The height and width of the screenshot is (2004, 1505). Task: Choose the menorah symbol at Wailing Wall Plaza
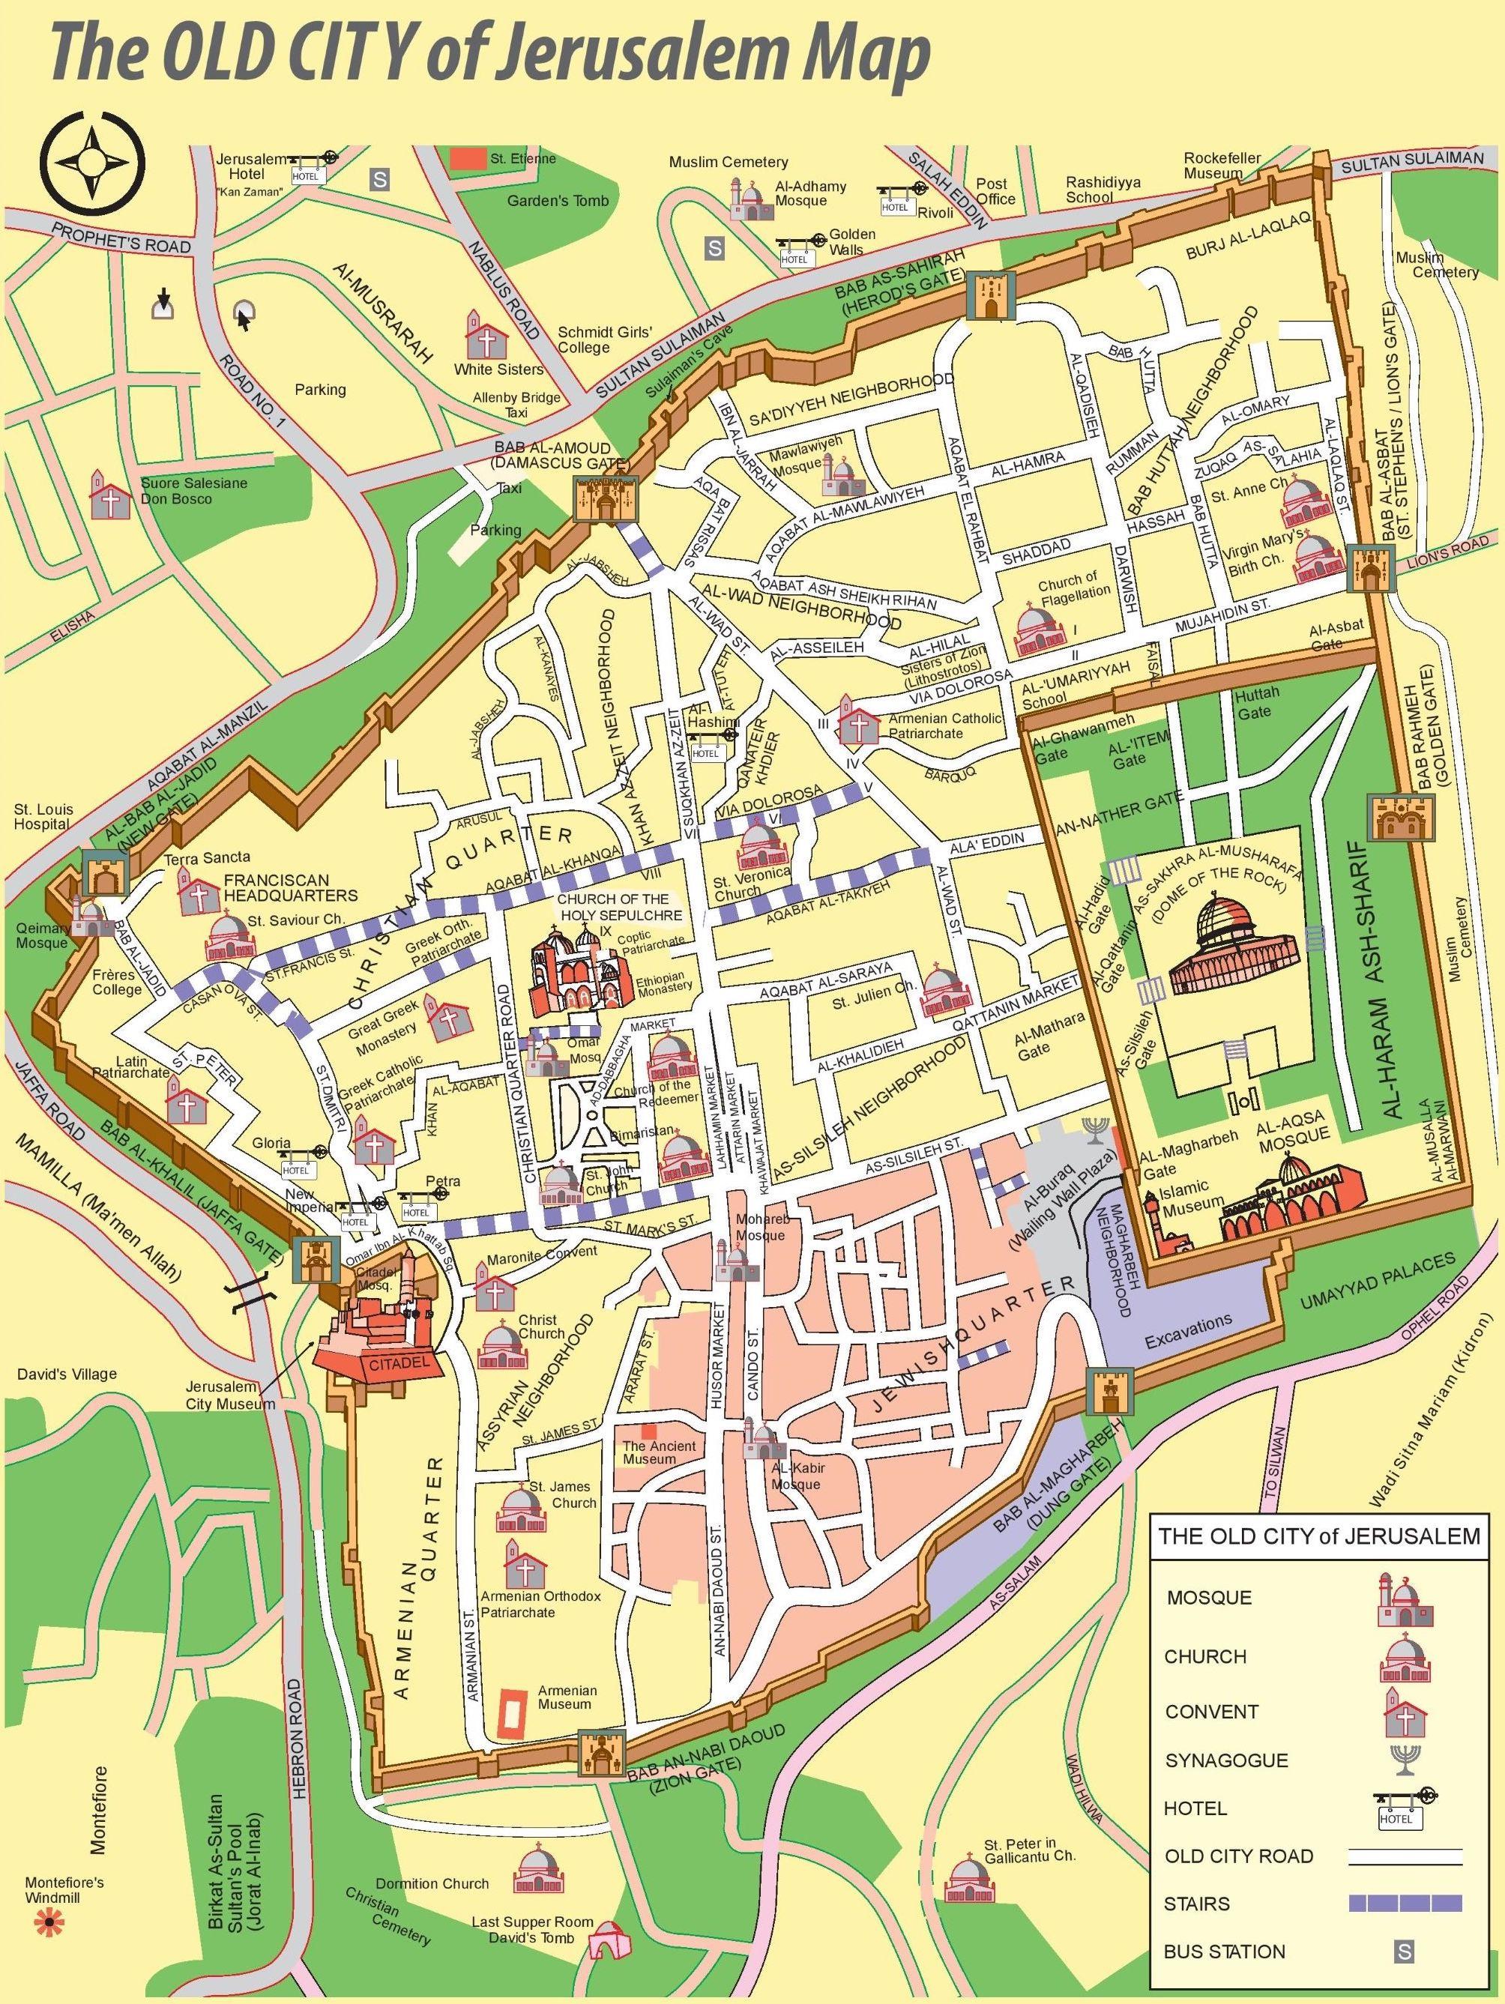pyautogui.click(x=1096, y=1131)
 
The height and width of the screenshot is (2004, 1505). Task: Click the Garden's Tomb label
pyautogui.click(x=557, y=200)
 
